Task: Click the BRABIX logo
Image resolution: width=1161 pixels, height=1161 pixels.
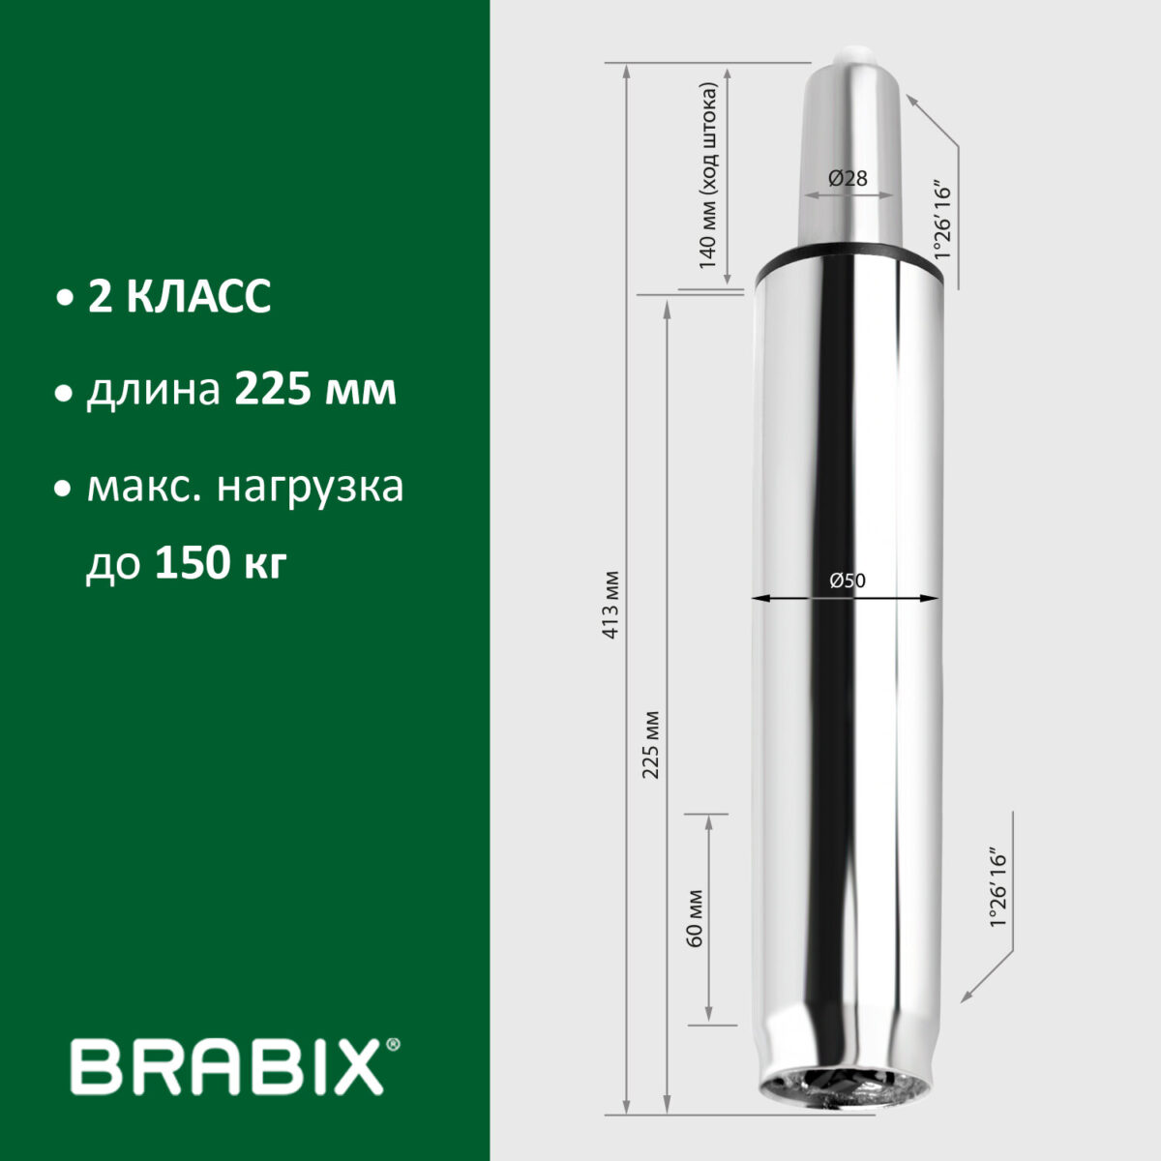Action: coord(227,1067)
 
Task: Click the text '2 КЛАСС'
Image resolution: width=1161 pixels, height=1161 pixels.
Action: coord(179,297)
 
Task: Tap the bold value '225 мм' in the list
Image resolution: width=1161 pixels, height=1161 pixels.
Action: coord(315,392)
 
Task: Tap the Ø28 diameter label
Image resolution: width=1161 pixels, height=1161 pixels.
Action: coord(848,178)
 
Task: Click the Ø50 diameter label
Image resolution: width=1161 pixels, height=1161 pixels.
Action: coord(848,580)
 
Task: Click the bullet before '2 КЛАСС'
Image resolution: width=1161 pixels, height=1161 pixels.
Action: coord(65,298)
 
